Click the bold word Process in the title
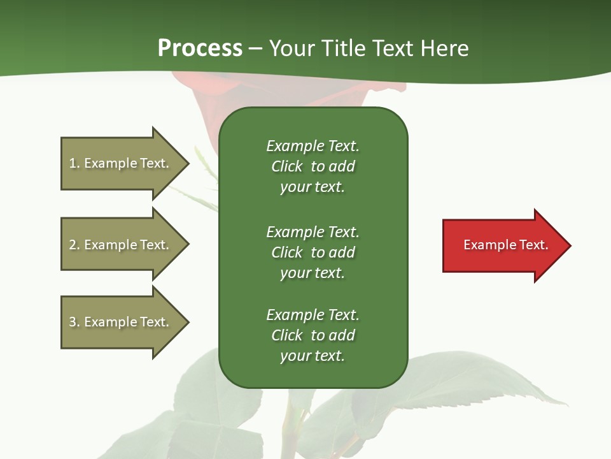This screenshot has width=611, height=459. (200, 48)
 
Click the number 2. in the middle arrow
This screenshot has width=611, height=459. (74, 245)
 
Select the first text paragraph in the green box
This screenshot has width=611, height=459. (313, 166)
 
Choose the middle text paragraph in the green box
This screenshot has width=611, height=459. (313, 252)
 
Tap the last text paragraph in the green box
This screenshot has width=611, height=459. (313, 335)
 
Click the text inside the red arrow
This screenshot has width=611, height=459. (506, 245)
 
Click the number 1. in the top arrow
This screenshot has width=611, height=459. (74, 163)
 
